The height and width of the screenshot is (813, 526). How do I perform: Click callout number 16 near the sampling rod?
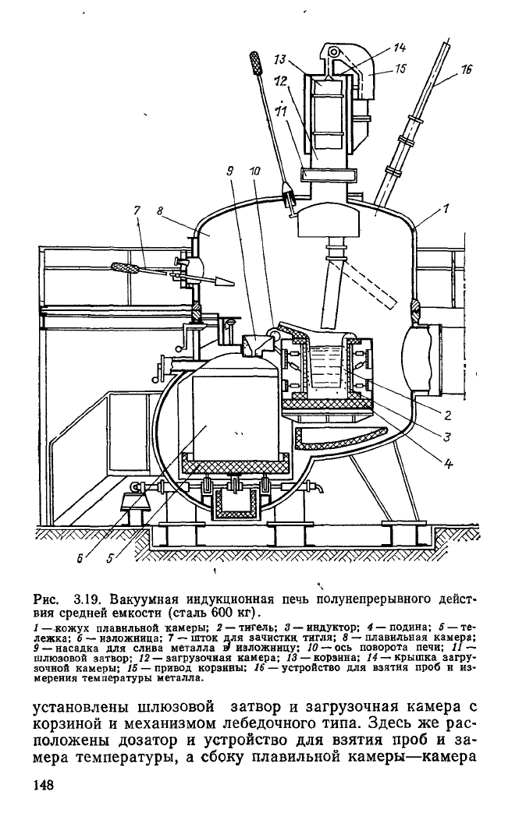[x=465, y=69]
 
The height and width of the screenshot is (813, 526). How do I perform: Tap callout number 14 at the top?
[x=400, y=48]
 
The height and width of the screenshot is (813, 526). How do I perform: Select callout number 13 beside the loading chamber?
[x=280, y=59]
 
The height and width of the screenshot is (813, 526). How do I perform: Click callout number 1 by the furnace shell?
[x=446, y=208]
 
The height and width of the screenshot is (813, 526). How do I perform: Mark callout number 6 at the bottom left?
[x=80, y=558]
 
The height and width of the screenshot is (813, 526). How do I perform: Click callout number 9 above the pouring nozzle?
[x=230, y=171]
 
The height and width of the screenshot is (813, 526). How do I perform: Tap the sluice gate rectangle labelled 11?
[x=330, y=175]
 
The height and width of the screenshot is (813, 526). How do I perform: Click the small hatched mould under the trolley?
[x=236, y=503]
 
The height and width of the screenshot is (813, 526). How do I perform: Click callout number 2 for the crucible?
[x=448, y=415]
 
